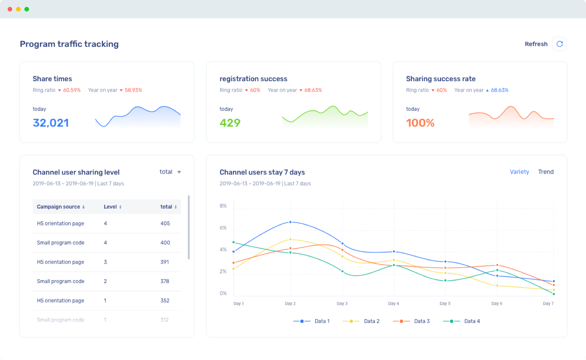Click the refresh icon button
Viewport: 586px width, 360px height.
coord(559,44)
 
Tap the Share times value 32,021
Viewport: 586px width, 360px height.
coord(51,123)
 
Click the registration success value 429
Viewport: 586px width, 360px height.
coord(230,123)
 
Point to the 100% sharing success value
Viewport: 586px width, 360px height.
coord(420,123)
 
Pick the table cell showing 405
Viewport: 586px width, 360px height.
coord(165,223)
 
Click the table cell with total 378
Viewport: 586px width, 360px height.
coord(165,281)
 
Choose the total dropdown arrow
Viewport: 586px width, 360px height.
coord(179,172)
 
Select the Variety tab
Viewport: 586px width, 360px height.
coord(519,172)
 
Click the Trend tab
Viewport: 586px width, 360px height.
coord(546,172)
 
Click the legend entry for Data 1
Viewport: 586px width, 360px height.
coord(311,321)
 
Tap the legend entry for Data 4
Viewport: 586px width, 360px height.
coord(461,321)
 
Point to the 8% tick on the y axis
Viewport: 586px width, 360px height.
coord(223,206)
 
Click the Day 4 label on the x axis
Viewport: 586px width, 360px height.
coord(393,304)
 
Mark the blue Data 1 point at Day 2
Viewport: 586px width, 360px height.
coord(290,222)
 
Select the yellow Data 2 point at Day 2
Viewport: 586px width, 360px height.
coord(290,239)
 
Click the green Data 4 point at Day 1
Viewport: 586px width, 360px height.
coord(233,242)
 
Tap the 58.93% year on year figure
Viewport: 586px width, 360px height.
coord(133,90)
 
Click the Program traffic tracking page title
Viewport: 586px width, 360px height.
coord(69,44)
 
